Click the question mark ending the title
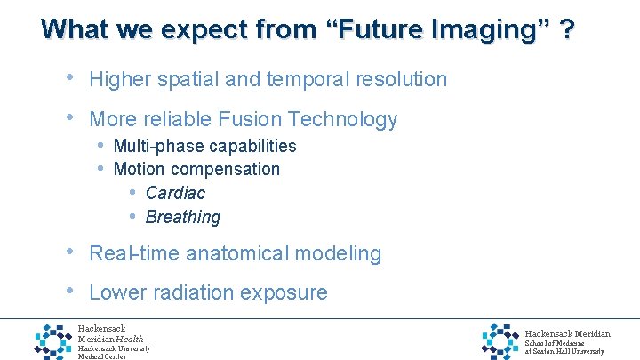tap(566, 29)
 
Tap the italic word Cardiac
tap(175, 193)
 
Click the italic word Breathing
tap(182, 217)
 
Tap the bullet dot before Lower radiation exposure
tap(71, 291)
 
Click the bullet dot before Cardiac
tap(132, 192)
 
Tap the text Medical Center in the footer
tap(102, 356)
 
